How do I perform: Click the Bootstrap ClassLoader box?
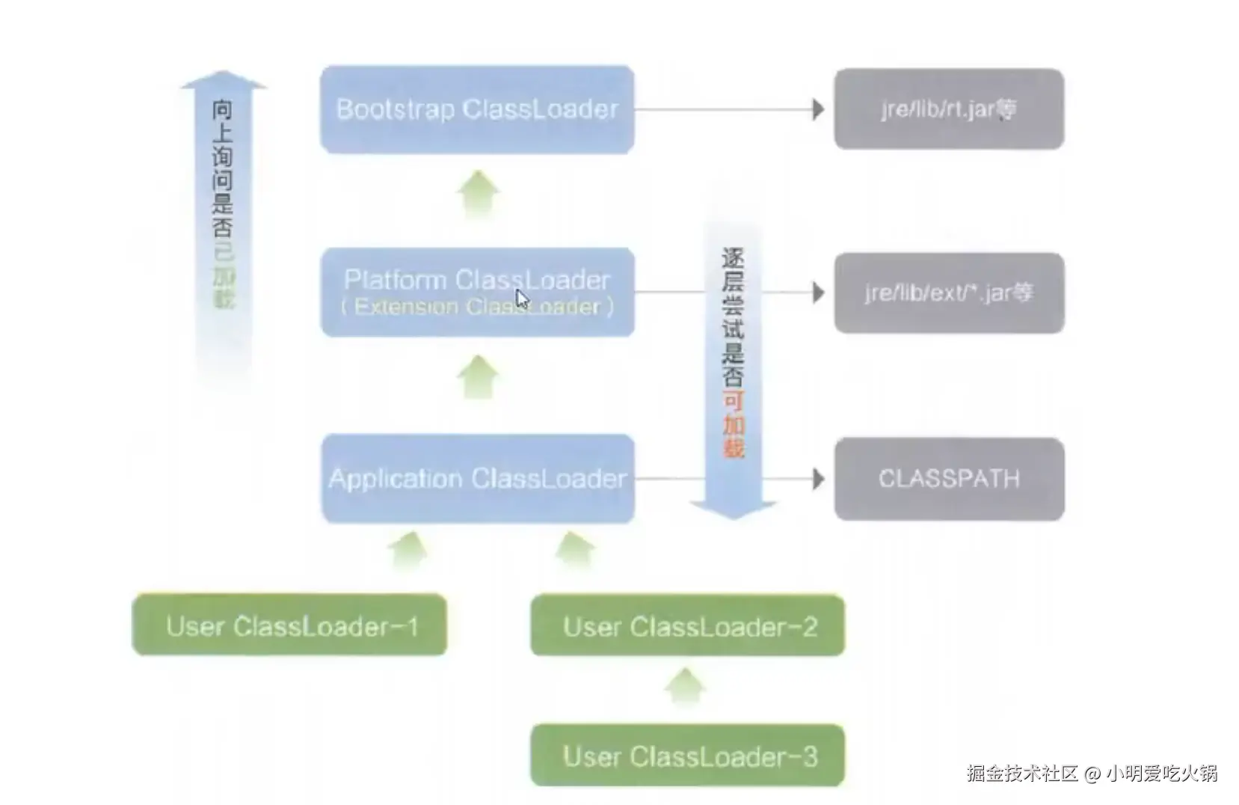coord(477,109)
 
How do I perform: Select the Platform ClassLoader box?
coord(478,292)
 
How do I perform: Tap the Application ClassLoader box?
coord(478,479)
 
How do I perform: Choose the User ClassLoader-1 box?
coord(289,625)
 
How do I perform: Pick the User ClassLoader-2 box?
coord(687,625)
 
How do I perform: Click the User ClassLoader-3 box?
coord(687,755)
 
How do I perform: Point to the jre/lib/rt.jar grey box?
coord(949,109)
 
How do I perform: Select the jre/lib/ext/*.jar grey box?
coord(949,293)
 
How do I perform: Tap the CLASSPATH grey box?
coord(949,479)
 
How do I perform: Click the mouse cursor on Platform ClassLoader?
coord(522,299)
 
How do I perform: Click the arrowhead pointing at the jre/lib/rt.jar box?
coord(818,109)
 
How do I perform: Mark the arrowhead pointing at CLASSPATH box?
coord(818,479)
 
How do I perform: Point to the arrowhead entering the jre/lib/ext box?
coord(818,292)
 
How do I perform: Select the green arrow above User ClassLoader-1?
coord(409,551)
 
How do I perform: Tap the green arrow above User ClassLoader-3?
coord(685,687)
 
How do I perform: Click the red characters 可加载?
coord(734,425)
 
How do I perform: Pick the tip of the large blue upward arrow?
coord(224,71)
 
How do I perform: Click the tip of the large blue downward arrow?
coord(734,519)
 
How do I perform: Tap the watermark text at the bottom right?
coord(1092,773)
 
